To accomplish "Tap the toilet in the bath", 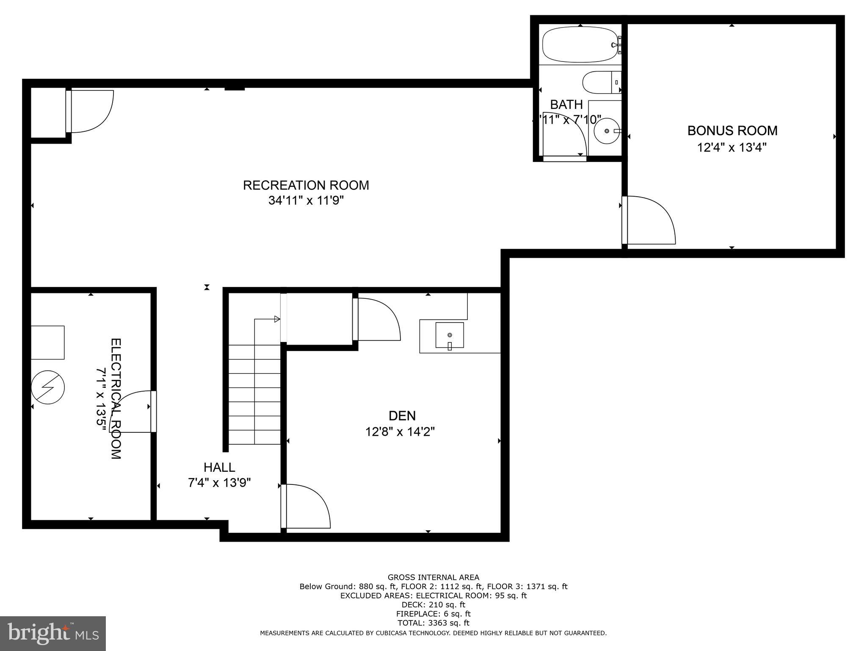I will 600,83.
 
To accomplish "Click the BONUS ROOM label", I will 732,131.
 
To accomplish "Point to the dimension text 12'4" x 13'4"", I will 732,147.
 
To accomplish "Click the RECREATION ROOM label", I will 306,185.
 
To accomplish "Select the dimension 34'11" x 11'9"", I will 306,200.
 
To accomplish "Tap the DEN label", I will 402,415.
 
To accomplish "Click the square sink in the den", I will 450,335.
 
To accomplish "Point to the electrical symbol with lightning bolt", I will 47,387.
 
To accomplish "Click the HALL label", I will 219,467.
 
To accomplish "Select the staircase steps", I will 254,394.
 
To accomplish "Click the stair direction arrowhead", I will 277,319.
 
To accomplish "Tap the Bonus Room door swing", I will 650,220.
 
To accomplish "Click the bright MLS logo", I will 52,633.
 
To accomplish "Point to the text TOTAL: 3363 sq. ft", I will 433,623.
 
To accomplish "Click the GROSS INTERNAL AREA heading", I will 433,577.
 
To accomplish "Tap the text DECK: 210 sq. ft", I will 433,605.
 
